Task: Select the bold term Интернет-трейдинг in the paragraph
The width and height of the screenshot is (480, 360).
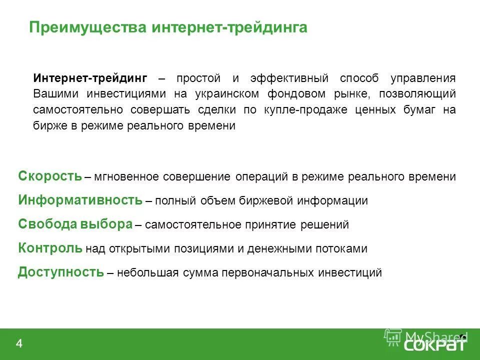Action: pos(90,78)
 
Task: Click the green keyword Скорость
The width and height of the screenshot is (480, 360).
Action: pos(50,176)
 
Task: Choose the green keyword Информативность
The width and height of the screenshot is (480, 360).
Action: pos(80,200)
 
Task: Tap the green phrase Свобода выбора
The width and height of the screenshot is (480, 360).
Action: pos(75,224)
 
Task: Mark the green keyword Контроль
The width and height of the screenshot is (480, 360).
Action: pos(50,248)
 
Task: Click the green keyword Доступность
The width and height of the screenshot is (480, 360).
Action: pos(61,272)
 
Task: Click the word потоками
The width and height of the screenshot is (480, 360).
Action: pos(344,249)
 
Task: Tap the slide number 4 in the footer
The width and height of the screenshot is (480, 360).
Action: pos(19,343)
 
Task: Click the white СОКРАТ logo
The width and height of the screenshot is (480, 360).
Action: pos(433,346)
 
